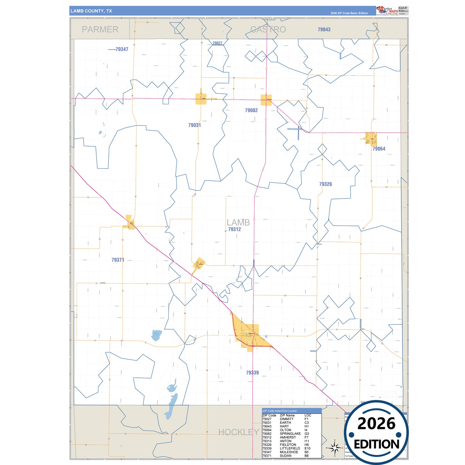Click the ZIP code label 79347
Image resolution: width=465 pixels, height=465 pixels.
tap(122, 49)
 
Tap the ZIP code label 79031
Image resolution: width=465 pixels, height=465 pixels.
tap(194, 125)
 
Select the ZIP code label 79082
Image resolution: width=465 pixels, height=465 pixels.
tap(251, 110)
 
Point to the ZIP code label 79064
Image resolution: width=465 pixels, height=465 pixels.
tap(379, 149)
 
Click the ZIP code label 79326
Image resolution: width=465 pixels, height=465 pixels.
tap(325, 184)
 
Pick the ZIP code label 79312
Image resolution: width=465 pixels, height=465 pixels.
tap(234, 229)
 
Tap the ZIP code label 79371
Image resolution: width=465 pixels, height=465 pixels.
tap(118, 260)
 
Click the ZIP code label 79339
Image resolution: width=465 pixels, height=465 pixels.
tap(252, 373)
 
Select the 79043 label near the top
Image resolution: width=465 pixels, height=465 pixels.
tap(324, 30)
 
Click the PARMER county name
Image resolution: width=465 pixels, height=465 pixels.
tap(100, 30)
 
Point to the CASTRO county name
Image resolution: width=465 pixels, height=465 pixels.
tap(268, 30)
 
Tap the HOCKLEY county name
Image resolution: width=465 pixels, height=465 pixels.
tap(238, 432)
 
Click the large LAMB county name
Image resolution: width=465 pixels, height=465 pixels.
tap(238, 222)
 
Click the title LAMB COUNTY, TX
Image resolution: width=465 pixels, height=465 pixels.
tap(91, 11)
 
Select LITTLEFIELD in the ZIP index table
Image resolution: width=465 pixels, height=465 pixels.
tap(290, 448)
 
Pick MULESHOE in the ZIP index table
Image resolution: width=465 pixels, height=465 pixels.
tap(289, 452)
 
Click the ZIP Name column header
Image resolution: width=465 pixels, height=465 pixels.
tap(287, 415)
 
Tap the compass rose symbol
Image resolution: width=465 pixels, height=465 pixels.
tap(335, 448)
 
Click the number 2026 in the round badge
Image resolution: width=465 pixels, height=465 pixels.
tap(376, 424)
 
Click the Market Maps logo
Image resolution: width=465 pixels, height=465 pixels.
tap(387, 11)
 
